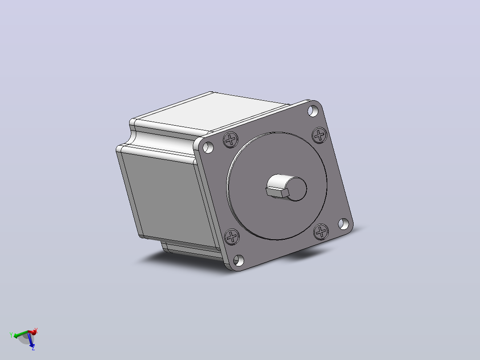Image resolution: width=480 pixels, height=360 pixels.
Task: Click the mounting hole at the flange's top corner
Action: click(313, 111)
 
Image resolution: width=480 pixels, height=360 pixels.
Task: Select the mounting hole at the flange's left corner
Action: click(208, 147)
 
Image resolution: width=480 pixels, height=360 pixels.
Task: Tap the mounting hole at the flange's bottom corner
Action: click(239, 261)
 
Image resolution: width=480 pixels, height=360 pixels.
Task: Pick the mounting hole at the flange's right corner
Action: click(343, 224)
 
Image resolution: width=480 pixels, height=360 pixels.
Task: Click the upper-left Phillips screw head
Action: click(231, 140)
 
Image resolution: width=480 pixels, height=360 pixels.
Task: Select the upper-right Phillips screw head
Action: click(320, 135)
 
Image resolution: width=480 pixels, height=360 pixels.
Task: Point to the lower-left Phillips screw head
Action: click(232, 237)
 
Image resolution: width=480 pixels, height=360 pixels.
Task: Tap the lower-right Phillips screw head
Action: click(321, 232)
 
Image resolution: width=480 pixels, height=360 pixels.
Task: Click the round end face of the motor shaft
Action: click(295, 189)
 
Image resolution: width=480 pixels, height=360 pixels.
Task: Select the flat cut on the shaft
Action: click(277, 192)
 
